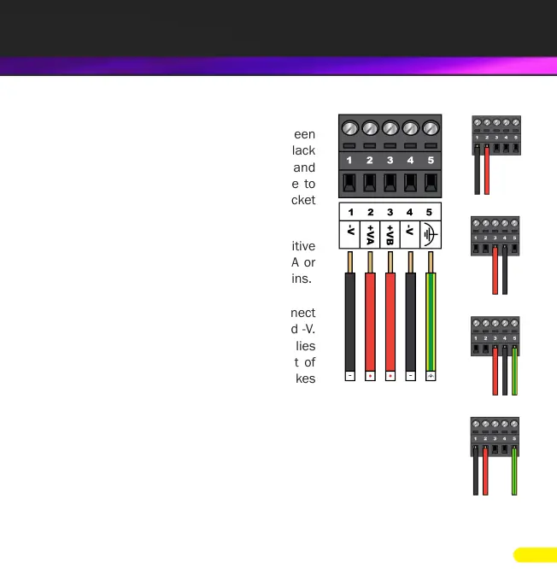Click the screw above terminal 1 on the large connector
[x=349, y=129]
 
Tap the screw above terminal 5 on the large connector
[x=431, y=129]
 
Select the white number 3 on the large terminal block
[x=390, y=160]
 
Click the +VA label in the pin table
[x=370, y=233]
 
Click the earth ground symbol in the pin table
[x=430, y=233]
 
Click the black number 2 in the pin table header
[x=370, y=212]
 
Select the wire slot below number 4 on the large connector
[x=410, y=182]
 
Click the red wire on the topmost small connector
[x=486, y=171]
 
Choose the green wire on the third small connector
[x=514, y=372]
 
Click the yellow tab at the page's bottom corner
[x=536, y=555]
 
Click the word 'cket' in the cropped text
[x=302, y=201]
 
